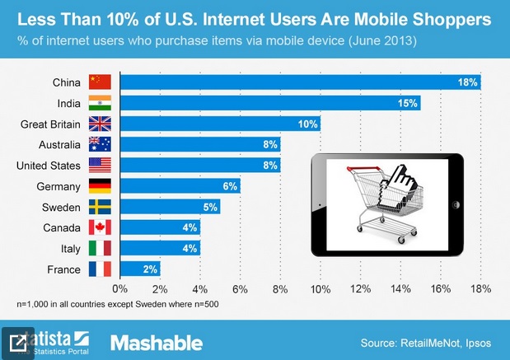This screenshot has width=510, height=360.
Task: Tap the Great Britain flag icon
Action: pos(100,124)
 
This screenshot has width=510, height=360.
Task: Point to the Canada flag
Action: pos(100,227)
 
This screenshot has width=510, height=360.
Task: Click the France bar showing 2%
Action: pos(140,269)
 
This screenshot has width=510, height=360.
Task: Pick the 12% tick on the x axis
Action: pos(360,289)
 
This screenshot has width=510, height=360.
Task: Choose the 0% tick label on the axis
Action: pos(120,289)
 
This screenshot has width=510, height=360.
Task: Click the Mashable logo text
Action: pos(156,341)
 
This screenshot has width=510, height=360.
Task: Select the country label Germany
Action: pos(58,186)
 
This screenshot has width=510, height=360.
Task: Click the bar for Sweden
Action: pos(170,207)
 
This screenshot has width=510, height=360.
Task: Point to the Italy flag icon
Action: pos(100,248)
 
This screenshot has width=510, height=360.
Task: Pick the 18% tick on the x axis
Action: pos(480,289)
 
